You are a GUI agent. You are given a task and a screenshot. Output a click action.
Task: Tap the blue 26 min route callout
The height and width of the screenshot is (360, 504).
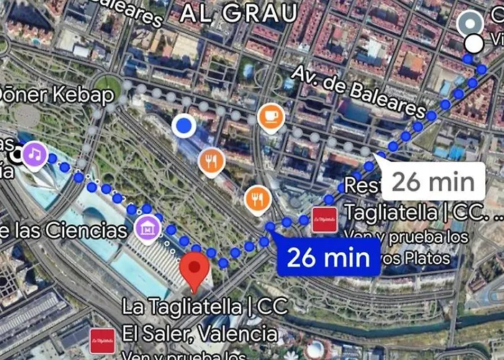[328, 258]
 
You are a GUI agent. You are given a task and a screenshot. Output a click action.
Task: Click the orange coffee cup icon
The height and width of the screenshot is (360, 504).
[270, 116]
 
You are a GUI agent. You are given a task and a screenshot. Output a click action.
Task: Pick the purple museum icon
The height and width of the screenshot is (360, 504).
[148, 229]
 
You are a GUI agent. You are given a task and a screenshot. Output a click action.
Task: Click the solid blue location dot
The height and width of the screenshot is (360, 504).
[185, 127]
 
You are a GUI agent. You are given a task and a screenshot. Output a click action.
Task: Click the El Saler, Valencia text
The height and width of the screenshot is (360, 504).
[199, 333]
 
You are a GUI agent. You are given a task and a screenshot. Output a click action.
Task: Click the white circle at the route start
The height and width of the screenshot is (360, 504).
[474, 43]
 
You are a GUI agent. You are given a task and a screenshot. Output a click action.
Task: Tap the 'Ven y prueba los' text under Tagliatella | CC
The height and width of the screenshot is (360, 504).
[407, 236]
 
